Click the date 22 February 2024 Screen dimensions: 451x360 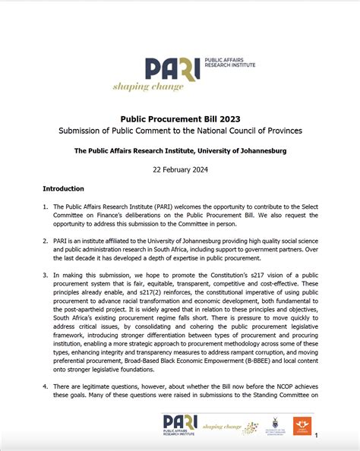(x=180, y=170)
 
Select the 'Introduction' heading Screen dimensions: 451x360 (x=63, y=189)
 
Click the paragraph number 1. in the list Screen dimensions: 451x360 (x=45, y=207)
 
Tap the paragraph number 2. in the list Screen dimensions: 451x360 (x=45, y=239)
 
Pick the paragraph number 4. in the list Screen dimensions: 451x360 (x=45, y=386)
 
